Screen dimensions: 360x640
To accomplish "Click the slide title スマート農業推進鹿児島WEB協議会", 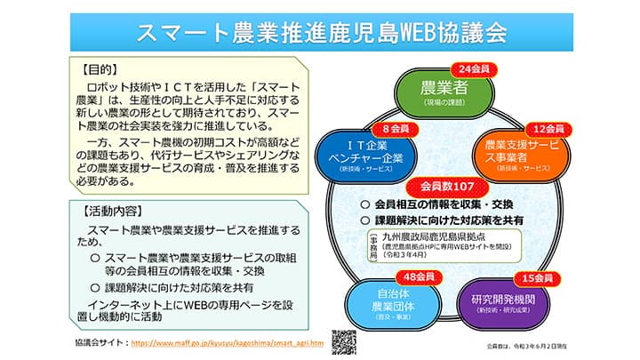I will [321, 33].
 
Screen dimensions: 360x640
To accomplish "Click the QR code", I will [344, 342].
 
